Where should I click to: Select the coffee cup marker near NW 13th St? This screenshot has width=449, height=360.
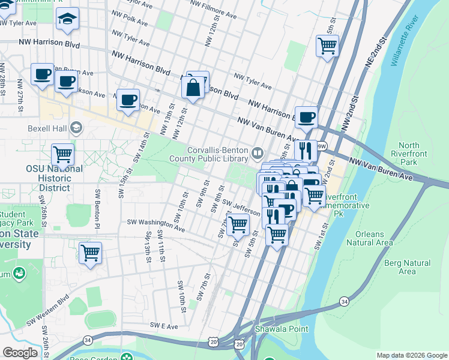pyautogui.click(x=128, y=100)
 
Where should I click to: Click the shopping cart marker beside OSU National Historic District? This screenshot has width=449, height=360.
pyautogui.click(x=62, y=154)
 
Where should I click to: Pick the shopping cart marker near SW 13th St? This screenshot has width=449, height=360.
pyautogui.click(x=90, y=253)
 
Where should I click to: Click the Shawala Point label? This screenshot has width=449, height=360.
pyautogui.click(x=281, y=329)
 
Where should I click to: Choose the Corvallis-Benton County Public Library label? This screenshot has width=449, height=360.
pyautogui.click(x=217, y=154)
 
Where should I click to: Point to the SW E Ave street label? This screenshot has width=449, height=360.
pyautogui.click(x=164, y=326)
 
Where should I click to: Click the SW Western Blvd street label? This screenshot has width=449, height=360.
pyautogui.click(x=47, y=312)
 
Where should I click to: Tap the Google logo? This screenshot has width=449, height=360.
pyautogui.click(x=20, y=353)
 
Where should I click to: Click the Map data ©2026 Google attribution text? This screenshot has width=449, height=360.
pyautogui.click(x=411, y=355)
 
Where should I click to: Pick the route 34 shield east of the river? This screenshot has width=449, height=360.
pyautogui.click(x=344, y=300)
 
